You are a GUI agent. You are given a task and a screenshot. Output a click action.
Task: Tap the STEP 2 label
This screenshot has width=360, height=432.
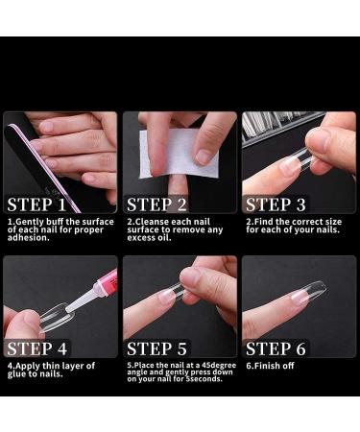click(156, 204)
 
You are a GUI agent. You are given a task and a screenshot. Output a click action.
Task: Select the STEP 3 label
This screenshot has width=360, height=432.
click(276, 204)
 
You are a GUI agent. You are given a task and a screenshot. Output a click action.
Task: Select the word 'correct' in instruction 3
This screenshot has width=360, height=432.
click(299, 222)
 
